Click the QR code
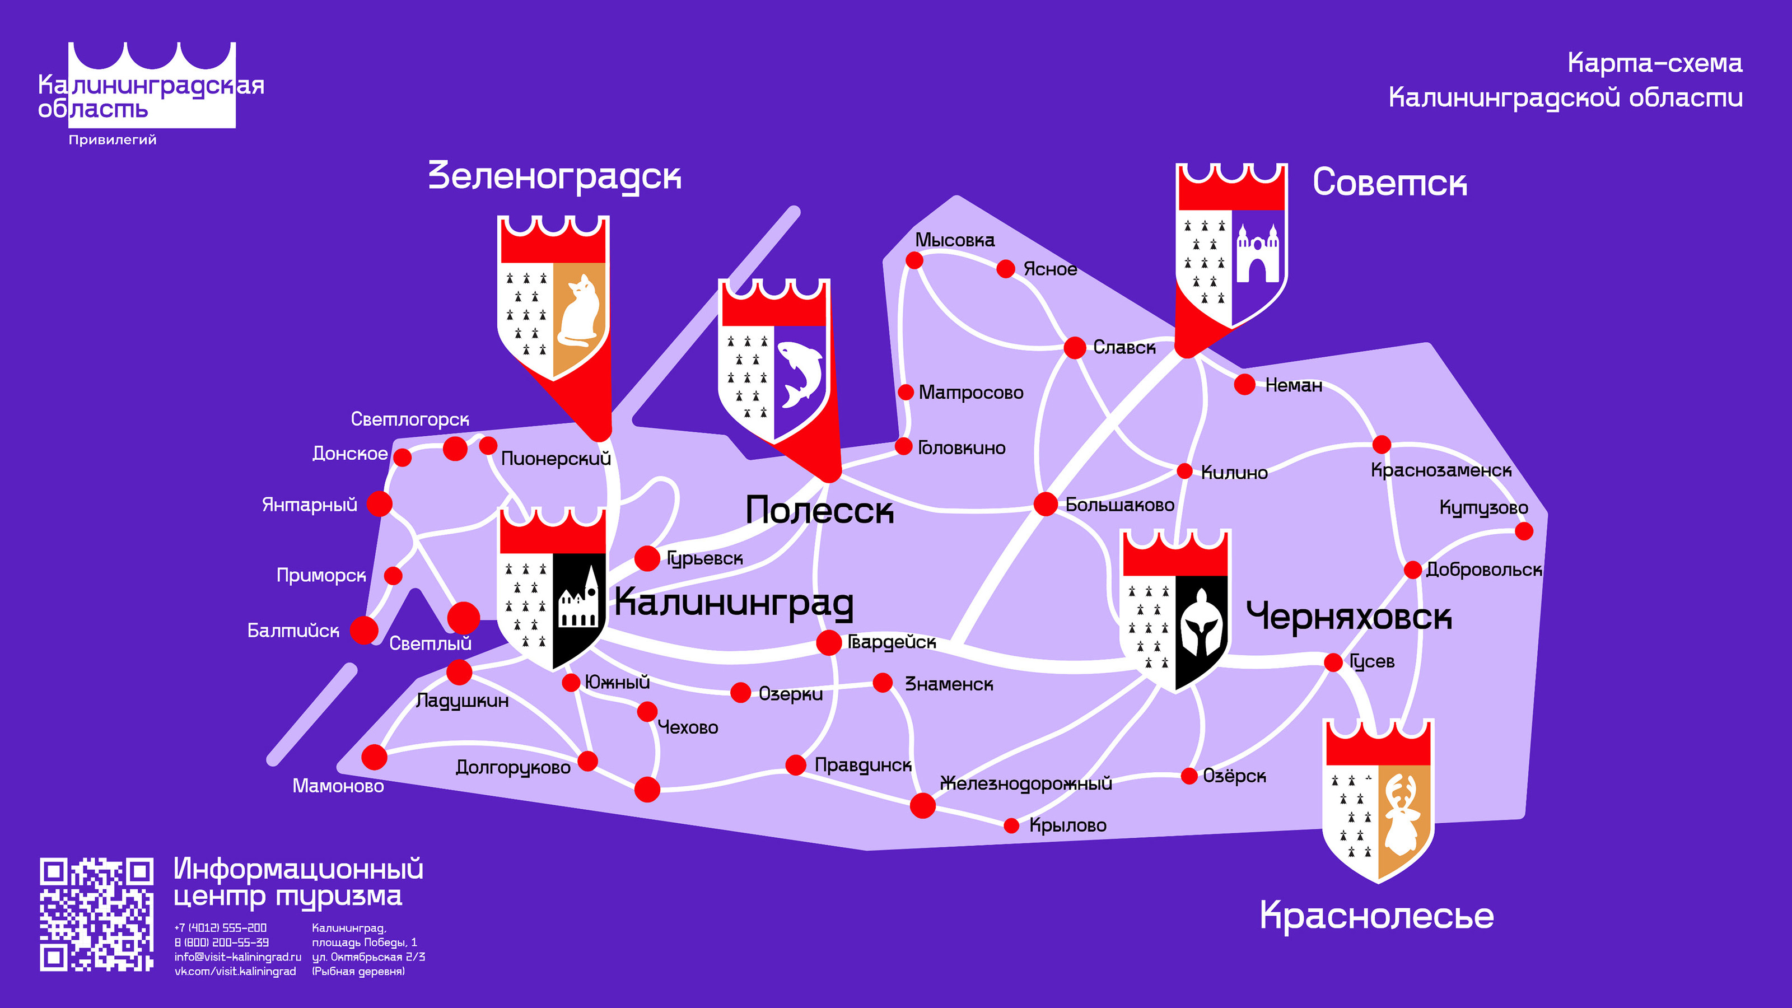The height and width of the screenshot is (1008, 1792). coord(96,914)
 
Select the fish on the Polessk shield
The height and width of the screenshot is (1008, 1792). coord(800,373)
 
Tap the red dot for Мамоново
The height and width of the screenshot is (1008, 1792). coord(374,757)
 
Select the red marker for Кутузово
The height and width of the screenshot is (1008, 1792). coord(1523,531)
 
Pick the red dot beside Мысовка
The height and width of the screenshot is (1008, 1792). coord(914,260)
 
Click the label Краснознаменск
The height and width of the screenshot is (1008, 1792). coord(1441,471)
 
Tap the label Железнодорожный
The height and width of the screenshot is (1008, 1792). coord(1026,784)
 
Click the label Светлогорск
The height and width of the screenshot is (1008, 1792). coord(410,419)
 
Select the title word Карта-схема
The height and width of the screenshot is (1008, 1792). coord(1654,63)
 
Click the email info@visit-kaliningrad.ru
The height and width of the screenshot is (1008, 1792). coord(237,957)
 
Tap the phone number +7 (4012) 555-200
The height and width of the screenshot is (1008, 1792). coord(221,928)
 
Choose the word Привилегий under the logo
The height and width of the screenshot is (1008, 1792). coord(113,140)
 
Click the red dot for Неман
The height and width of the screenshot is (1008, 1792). coord(1244,384)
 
